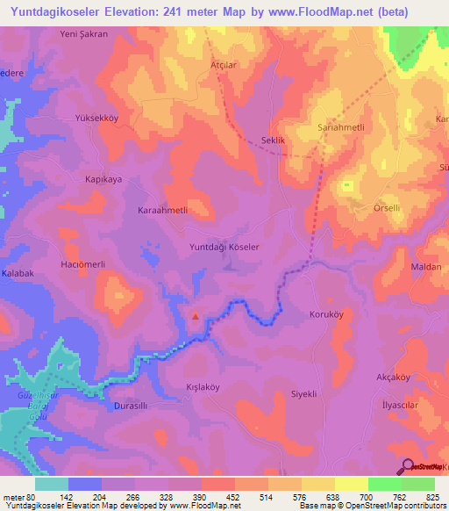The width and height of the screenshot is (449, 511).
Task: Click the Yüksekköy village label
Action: point(96,118)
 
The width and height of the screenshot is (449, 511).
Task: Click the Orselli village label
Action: point(387,208)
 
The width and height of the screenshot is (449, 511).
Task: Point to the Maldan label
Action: point(427,266)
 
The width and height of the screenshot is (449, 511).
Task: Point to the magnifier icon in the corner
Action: point(407,465)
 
